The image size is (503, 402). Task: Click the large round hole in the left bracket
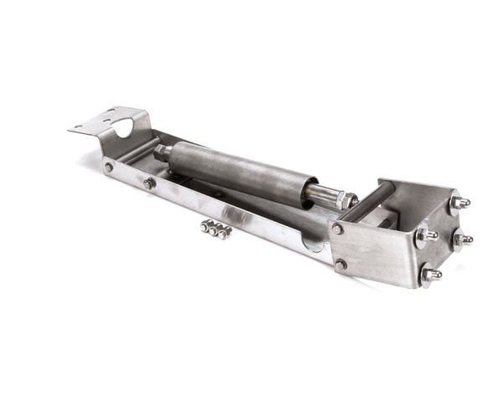(122, 128)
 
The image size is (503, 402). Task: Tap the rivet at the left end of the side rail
(109, 167)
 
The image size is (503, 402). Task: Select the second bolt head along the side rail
(148, 183)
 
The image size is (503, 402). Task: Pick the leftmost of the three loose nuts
(205, 226)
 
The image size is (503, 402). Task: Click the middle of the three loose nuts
(215, 229)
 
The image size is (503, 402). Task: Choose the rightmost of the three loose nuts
(224, 232)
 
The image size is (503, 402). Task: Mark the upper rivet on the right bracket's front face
(337, 229)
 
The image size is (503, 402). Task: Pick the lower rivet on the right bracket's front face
(340, 265)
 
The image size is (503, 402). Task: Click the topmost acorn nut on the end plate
(458, 203)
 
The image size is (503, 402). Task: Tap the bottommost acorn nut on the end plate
(431, 275)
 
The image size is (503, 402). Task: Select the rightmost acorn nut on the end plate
(462, 240)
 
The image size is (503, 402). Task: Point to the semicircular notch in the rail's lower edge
(312, 244)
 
